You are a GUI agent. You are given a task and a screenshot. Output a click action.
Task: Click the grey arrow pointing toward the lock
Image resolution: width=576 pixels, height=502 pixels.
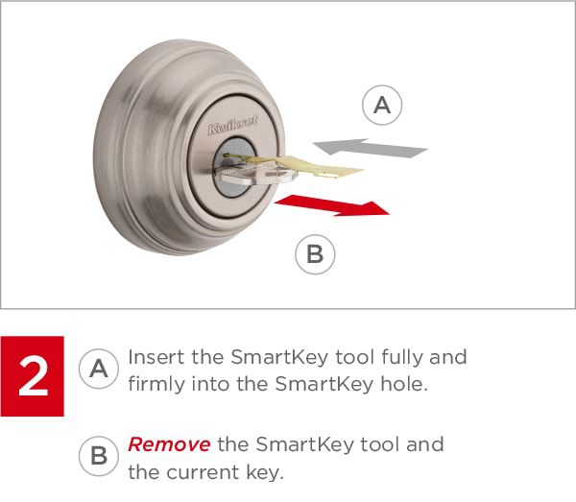click(370, 148)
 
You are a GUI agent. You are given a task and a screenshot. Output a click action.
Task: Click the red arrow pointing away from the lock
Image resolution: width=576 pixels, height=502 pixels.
click(332, 205)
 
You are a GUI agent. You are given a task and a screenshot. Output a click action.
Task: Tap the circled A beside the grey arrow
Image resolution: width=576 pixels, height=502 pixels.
click(382, 105)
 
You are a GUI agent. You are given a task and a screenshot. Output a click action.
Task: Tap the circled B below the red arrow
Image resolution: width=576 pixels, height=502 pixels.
click(315, 254)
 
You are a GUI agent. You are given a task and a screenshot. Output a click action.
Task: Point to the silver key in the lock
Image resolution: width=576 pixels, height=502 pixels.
click(255, 173)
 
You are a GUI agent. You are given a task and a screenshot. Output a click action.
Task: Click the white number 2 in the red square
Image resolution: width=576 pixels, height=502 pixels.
click(33, 377)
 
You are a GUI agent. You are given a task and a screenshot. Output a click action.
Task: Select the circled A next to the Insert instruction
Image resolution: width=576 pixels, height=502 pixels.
click(99, 369)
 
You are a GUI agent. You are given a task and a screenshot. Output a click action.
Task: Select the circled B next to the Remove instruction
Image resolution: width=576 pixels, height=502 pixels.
click(99, 456)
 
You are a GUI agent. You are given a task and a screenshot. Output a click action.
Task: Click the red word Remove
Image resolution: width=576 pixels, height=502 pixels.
click(169, 444)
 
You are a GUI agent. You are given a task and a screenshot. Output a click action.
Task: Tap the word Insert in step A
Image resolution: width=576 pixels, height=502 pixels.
click(156, 357)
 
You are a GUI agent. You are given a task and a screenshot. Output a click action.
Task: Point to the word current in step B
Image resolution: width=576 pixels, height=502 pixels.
click(203, 472)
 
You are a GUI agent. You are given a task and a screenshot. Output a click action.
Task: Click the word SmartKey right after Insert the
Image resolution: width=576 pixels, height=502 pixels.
click(279, 358)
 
